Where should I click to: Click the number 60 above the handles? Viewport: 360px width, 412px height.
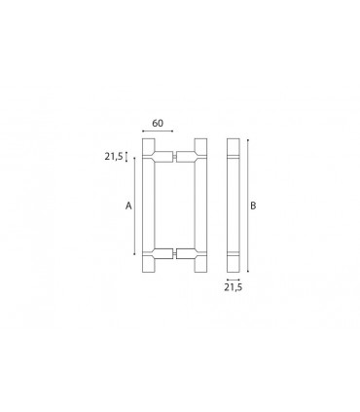[x=158, y=124]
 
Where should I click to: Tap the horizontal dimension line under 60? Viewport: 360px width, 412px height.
[x=158, y=131]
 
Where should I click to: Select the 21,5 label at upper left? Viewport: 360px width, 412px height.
[x=114, y=157]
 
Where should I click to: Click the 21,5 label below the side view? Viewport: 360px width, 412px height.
[x=234, y=287]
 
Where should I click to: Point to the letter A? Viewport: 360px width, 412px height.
[x=128, y=206]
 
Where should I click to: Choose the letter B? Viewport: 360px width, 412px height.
[x=253, y=206]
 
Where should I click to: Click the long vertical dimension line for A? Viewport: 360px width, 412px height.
[x=134, y=206]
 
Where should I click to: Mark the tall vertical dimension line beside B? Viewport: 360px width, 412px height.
[x=248, y=206]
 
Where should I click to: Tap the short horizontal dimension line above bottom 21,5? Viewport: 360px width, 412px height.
[x=234, y=280]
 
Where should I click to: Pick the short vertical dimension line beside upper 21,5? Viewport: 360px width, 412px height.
[x=126, y=157]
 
